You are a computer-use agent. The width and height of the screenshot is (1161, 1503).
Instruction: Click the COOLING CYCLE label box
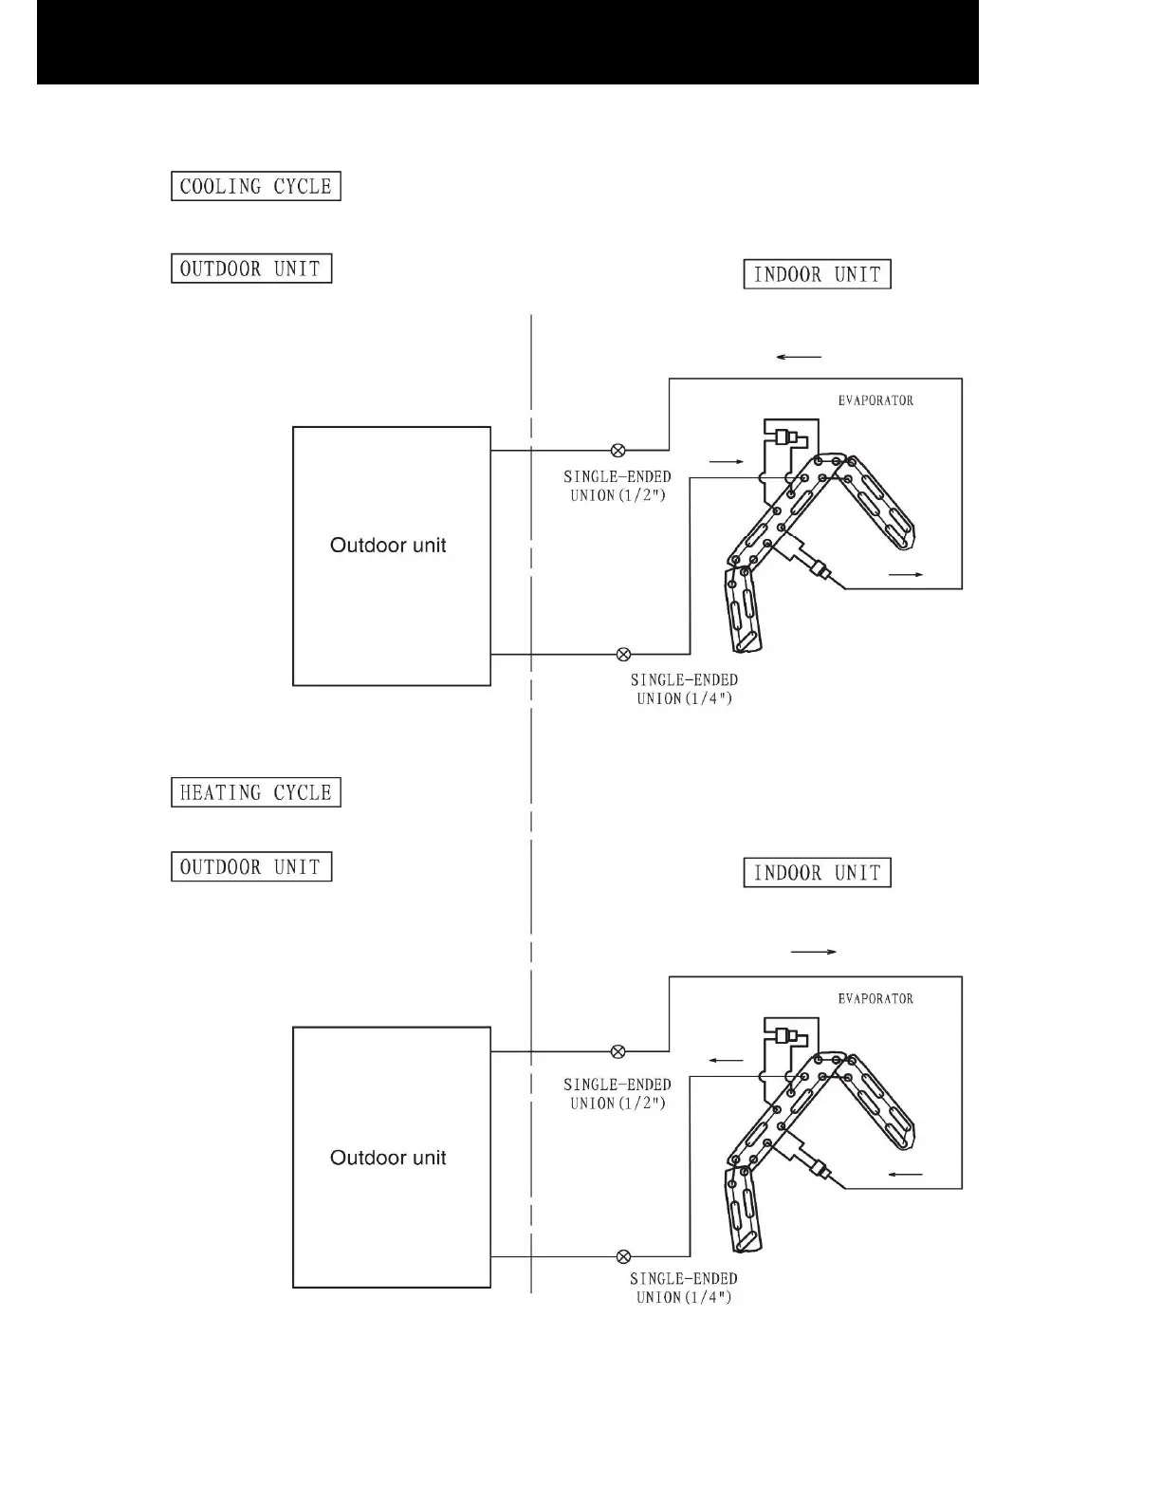[x=255, y=186]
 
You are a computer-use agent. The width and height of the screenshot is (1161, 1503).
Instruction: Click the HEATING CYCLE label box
[x=255, y=792]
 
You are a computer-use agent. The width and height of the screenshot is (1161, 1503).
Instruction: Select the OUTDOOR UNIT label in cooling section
[x=251, y=269]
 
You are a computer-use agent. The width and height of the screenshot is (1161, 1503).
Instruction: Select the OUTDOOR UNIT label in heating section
[x=251, y=867]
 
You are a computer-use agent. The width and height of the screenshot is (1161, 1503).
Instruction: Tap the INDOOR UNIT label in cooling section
[x=817, y=275]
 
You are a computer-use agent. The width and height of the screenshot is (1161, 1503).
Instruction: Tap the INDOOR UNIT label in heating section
[x=817, y=873]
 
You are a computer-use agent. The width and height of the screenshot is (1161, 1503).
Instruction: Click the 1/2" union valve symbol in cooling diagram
[x=617, y=450]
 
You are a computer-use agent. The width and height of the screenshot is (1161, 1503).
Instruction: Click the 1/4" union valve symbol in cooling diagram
[x=623, y=654]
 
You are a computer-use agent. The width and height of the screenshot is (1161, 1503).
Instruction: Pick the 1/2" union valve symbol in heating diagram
[x=617, y=1051]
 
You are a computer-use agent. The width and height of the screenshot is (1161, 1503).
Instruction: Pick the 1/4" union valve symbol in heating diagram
[x=623, y=1256]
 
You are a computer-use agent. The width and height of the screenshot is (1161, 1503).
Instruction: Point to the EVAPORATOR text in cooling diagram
[x=875, y=400]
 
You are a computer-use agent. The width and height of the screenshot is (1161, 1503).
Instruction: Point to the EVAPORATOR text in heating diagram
[x=875, y=998]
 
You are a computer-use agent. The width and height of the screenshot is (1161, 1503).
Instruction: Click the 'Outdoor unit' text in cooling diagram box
[x=388, y=546]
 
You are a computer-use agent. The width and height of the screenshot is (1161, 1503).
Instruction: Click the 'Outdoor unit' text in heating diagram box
[x=388, y=1158]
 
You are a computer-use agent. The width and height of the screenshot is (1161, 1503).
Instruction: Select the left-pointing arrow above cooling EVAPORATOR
[x=798, y=357]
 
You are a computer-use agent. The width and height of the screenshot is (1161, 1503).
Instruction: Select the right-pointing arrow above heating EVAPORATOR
[x=813, y=951]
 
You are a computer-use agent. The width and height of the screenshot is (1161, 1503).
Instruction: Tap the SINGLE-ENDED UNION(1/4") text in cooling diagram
[x=684, y=690]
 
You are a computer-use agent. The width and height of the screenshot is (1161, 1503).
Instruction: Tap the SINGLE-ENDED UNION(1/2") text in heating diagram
[x=617, y=1094]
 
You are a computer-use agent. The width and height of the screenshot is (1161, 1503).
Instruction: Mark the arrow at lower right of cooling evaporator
[x=906, y=575]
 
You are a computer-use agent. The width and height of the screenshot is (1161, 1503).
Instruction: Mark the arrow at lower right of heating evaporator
[x=906, y=1175]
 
